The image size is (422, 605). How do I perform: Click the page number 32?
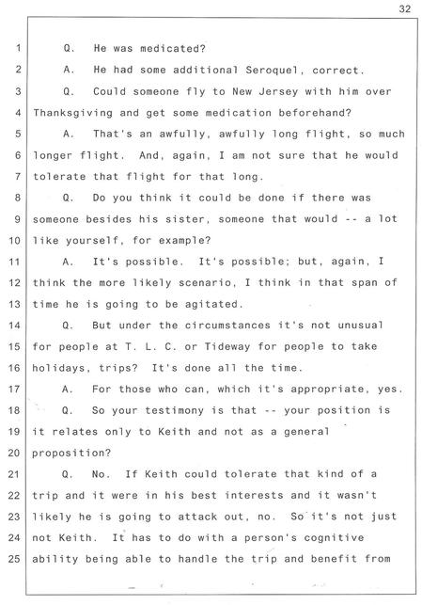[x=405, y=8]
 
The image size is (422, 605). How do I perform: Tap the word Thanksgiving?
[x=72, y=113]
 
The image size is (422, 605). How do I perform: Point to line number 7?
[x=18, y=176]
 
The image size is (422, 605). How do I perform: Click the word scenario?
[x=208, y=283]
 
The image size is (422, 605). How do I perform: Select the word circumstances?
[x=227, y=326]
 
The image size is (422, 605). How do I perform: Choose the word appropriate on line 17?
[x=327, y=389]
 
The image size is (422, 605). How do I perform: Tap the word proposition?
[x=71, y=453]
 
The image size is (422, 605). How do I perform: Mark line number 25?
[x=14, y=558]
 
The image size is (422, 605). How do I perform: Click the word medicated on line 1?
[x=173, y=49]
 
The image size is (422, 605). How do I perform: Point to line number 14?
[x=14, y=325]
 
